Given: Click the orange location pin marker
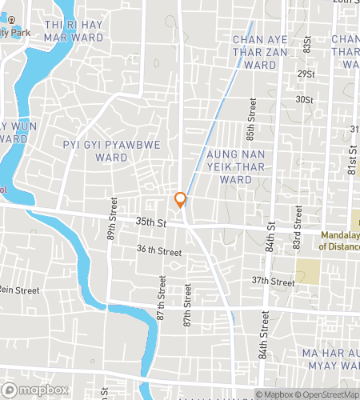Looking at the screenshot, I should pyautogui.click(x=181, y=200).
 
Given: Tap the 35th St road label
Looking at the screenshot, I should pyautogui.click(x=150, y=222).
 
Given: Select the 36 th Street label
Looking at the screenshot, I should pyautogui.click(x=158, y=250).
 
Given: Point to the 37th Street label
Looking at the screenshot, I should pyautogui.click(x=274, y=281).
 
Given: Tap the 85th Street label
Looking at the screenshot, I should pyautogui.click(x=251, y=117).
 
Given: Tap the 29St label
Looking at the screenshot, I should pyautogui.click(x=304, y=74).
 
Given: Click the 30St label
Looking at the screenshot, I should pyautogui.click(x=304, y=100).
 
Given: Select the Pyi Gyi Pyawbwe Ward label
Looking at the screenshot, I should pyautogui.click(x=95, y=150).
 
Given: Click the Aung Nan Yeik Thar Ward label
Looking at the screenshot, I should pyautogui.click(x=239, y=166).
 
